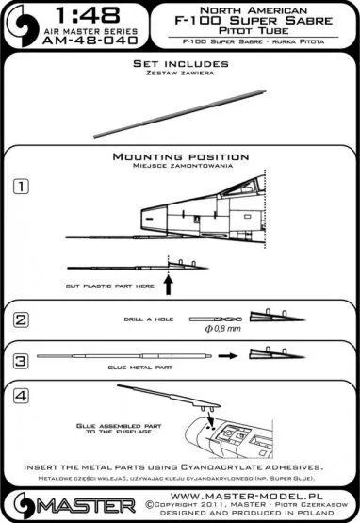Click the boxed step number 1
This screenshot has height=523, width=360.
click(x=32, y=186)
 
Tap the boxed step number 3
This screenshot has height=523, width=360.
click(x=32, y=360)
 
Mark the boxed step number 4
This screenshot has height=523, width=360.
click(x=32, y=396)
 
